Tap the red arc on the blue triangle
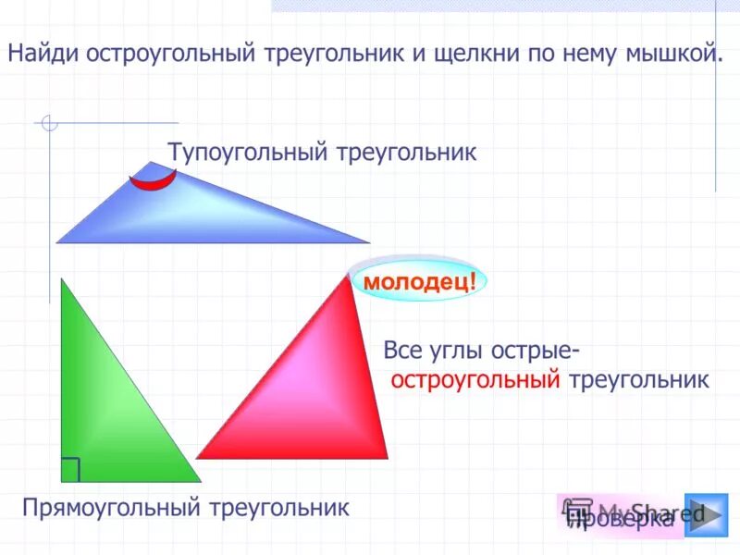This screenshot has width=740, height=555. click(x=153, y=179)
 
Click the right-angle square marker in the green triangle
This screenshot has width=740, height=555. click(x=70, y=470)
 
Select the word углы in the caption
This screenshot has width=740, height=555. click(x=456, y=351)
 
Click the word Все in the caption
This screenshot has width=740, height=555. click(x=402, y=351)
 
